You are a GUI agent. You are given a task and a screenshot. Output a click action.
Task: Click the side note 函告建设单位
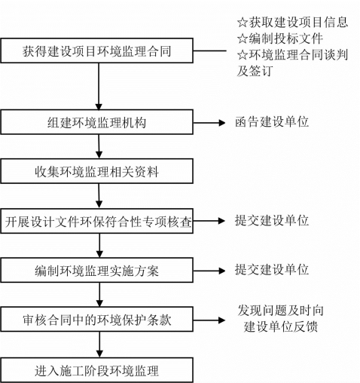[x=272, y=122]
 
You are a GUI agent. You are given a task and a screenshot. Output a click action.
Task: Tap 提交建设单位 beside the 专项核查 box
[x=272, y=220]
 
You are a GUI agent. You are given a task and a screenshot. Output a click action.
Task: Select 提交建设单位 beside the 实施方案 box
[x=272, y=269]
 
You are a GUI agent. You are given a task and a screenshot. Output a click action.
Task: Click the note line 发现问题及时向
[x=281, y=311]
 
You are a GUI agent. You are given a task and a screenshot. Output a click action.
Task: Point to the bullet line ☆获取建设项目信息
[x=292, y=22]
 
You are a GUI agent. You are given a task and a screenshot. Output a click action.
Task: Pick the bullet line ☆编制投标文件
[x=280, y=38]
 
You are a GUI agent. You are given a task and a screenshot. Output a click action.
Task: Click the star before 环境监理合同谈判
[x=243, y=55]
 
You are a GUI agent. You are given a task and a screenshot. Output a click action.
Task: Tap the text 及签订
[x=255, y=71]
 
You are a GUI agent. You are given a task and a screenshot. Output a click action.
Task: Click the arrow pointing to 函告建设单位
[x=209, y=123]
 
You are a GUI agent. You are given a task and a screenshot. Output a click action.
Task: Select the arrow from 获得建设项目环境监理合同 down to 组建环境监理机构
[x=99, y=86]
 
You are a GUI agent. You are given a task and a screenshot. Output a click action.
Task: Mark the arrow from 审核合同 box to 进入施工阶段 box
[x=99, y=345]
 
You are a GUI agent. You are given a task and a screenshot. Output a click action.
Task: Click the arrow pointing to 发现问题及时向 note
[x=209, y=320]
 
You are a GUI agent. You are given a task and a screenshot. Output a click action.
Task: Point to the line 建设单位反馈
[x=281, y=326]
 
